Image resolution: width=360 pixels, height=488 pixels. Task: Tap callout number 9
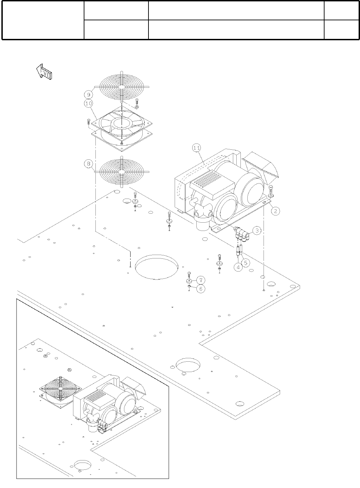click(x=88, y=93)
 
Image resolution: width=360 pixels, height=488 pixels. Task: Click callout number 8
click(x=88, y=164)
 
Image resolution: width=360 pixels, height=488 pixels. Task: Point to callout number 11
click(x=196, y=148)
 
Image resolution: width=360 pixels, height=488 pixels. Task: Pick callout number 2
click(x=276, y=211)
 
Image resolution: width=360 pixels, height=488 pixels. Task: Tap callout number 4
click(x=238, y=267)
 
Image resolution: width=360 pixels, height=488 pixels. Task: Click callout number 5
click(x=247, y=263)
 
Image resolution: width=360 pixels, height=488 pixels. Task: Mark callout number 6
click(x=200, y=289)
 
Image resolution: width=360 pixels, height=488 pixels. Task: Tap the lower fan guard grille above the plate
click(x=122, y=171)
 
